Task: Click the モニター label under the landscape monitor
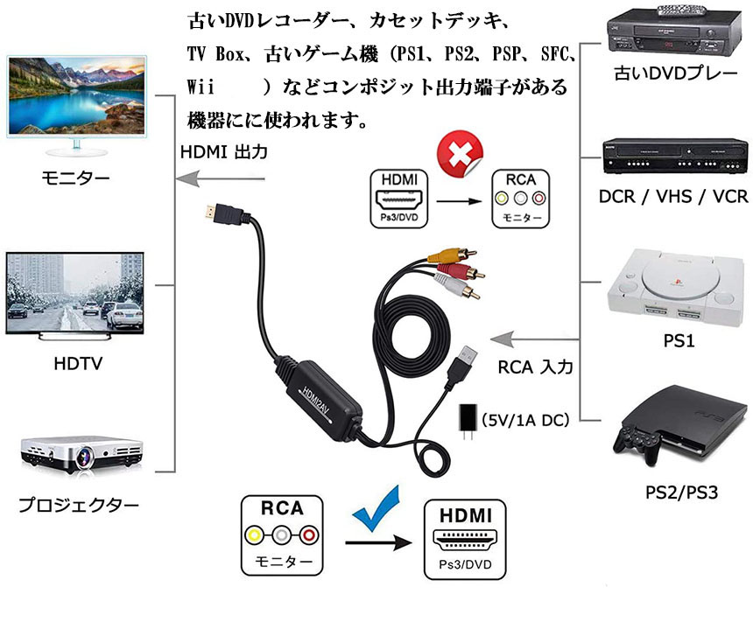(x=76, y=178)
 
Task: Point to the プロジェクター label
(x=79, y=505)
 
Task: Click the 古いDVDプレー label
(x=675, y=73)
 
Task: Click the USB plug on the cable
(x=465, y=360)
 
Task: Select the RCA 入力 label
(x=535, y=367)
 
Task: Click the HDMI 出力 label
(x=223, y=151)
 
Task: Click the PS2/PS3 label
(x=681, y=492)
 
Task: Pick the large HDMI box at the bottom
(x=464, y=539)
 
